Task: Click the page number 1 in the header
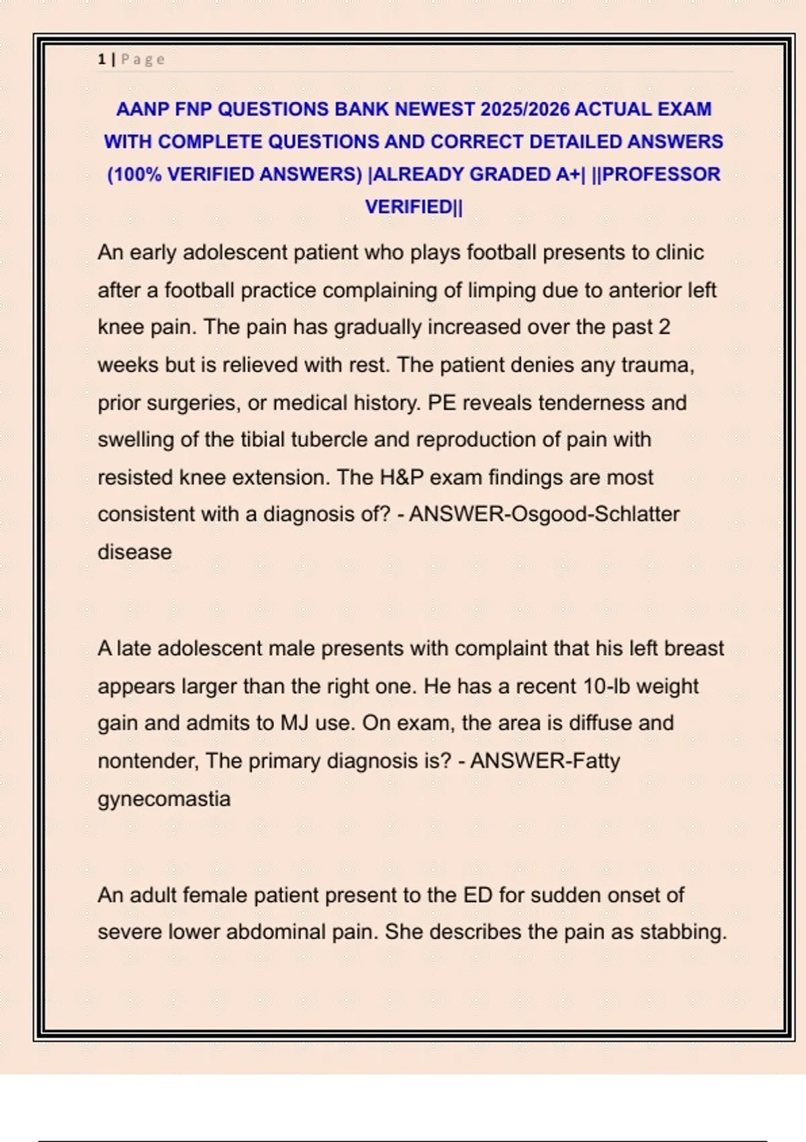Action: [x=101, y=59]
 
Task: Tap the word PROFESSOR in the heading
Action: [x=662, y=174]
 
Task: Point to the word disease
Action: [x=134, y=552]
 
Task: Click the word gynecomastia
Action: [x=164, y=798]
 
